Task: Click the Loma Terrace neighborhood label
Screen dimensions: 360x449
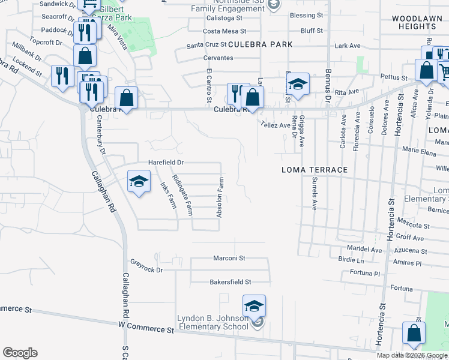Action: [315, 170]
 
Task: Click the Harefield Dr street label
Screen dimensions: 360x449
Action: [166, 163]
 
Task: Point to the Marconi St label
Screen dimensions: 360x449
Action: [229, 258]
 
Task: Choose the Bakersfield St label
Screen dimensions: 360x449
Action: [230, 281]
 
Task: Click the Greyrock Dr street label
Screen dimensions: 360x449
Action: [146, 266]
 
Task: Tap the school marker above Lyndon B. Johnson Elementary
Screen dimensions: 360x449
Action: [254, 307]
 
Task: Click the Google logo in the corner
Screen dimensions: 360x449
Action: [20, 353]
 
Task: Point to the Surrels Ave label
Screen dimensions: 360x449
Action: [313, 193]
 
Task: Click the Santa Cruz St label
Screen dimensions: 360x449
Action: [206, 44]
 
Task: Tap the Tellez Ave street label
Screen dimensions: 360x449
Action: [275, 125]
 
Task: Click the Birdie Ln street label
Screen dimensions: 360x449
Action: [351, 261]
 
